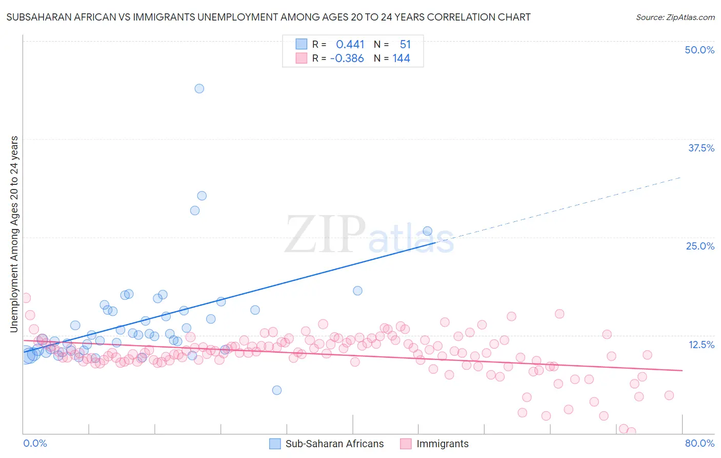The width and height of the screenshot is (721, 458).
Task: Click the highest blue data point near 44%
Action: (199, 88)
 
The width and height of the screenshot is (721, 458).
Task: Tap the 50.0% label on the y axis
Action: (699, 50)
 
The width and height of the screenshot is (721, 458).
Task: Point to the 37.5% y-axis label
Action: (701, 148)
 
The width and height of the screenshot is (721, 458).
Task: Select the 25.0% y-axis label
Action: (700, 246)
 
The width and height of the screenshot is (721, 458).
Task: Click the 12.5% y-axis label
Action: (701, 345)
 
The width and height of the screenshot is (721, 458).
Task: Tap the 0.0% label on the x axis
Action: (35, 443)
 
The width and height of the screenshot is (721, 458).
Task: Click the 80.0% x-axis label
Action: (699, 443)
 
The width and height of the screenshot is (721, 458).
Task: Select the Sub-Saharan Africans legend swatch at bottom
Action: (275, 444)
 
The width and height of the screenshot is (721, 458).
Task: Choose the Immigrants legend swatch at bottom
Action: (406, 444)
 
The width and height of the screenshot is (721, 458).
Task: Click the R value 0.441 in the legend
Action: (350, 45)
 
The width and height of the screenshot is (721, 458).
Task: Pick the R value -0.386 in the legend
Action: (347, 59)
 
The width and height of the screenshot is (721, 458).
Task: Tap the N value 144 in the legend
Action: (401, 59)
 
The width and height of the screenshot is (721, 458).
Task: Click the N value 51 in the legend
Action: (405, 45)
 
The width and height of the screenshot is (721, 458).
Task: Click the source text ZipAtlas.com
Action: (675, 17)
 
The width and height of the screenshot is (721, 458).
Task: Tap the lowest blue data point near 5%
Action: (276, 390)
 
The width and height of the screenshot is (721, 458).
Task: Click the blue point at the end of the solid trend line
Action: (427, 231)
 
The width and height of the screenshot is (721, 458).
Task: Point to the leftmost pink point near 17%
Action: (26, 298)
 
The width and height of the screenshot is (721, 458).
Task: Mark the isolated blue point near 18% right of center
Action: (357, 291)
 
